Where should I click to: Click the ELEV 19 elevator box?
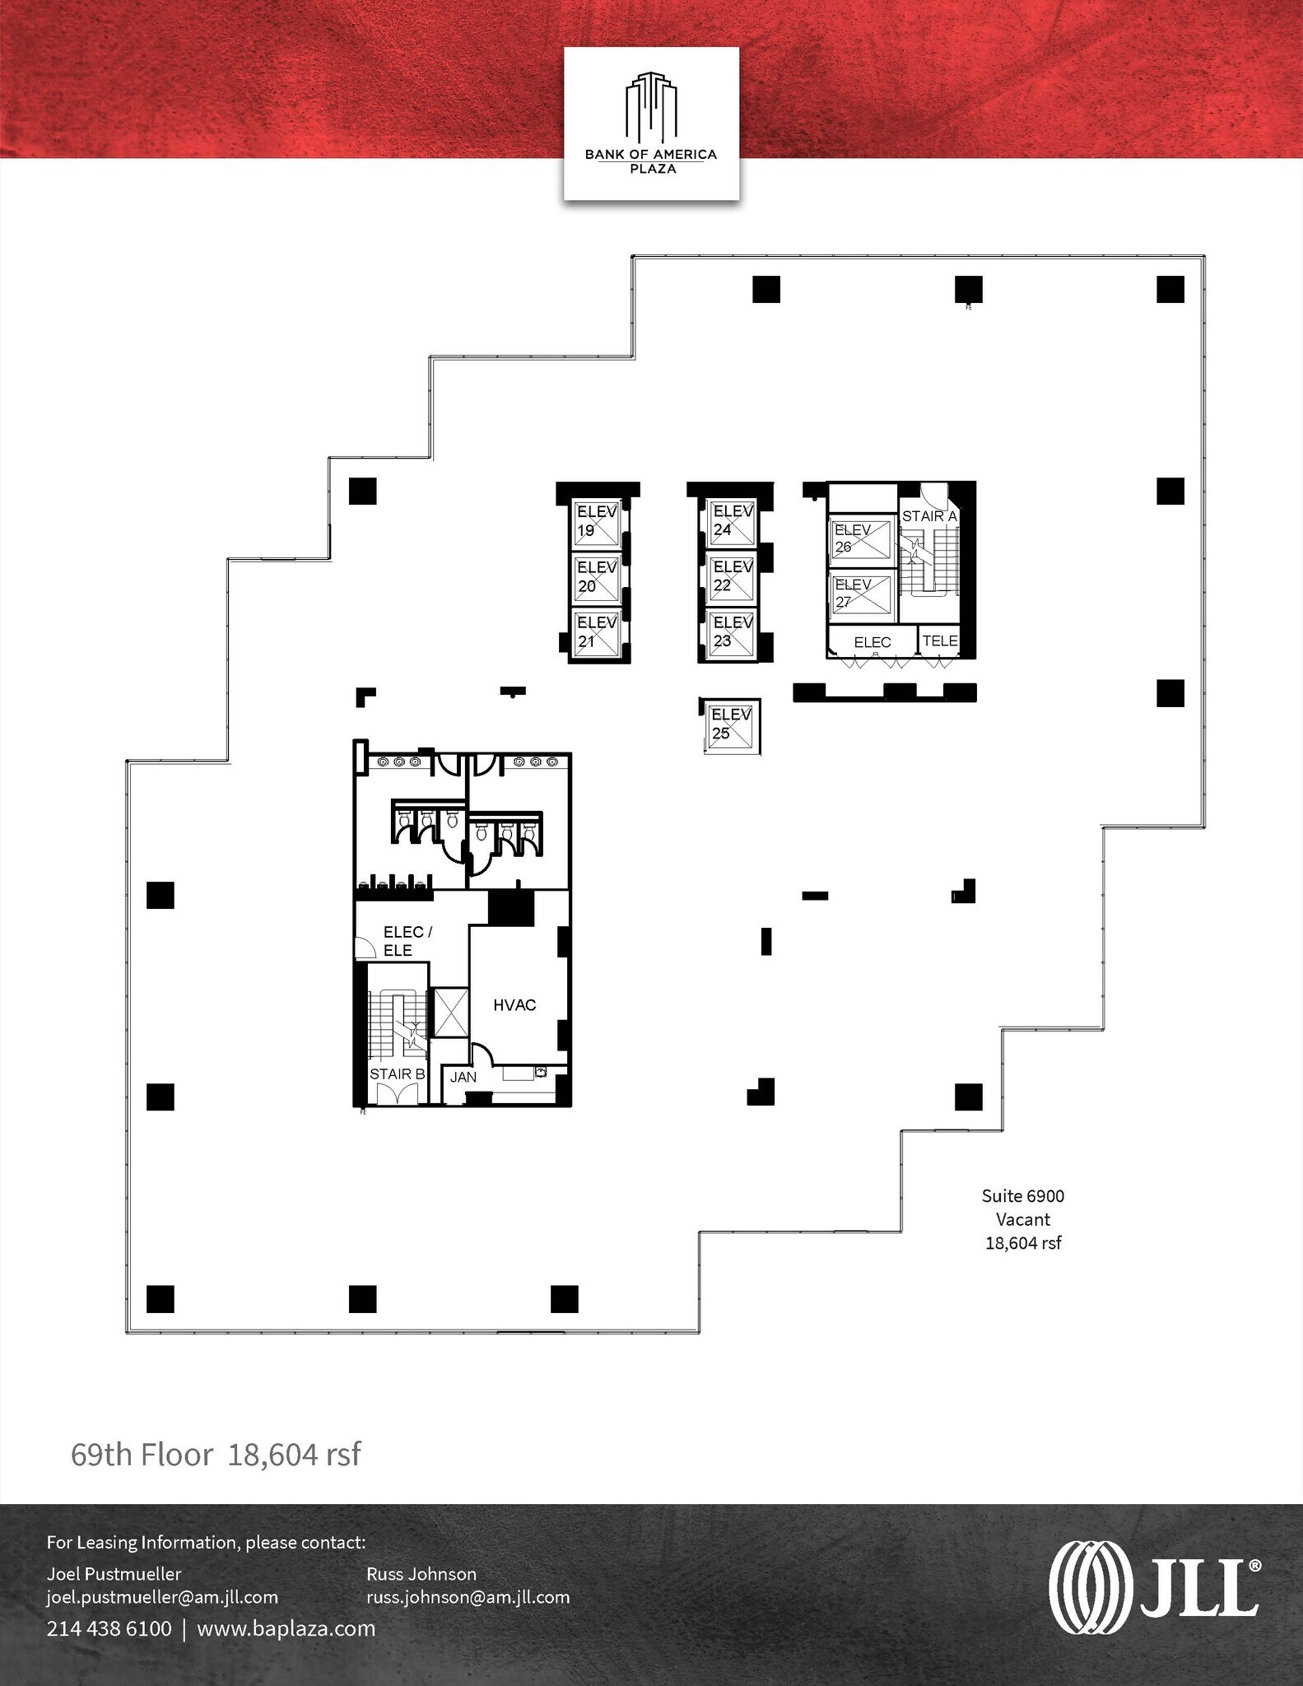click(596, 521)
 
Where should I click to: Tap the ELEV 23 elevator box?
click(731, 632)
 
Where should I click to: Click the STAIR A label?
click(929, 516)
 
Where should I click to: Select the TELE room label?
click(940, 640)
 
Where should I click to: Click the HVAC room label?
click(514, 1005)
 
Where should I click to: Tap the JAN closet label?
click(463, 1077)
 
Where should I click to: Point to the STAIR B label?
click(397, 1074)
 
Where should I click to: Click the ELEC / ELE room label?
click(407, 941)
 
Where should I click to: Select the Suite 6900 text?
click(1022, 1196)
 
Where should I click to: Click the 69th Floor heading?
click(142, 1455)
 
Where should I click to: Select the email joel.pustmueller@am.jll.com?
click(162, 1597)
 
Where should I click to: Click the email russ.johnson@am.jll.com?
click(468, 1597)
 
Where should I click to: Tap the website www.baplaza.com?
click(286, 1628)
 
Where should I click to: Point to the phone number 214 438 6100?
click(109, 1628)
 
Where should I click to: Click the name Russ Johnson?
click(421, 1574)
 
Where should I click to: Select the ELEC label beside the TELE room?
click(872, 642)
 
